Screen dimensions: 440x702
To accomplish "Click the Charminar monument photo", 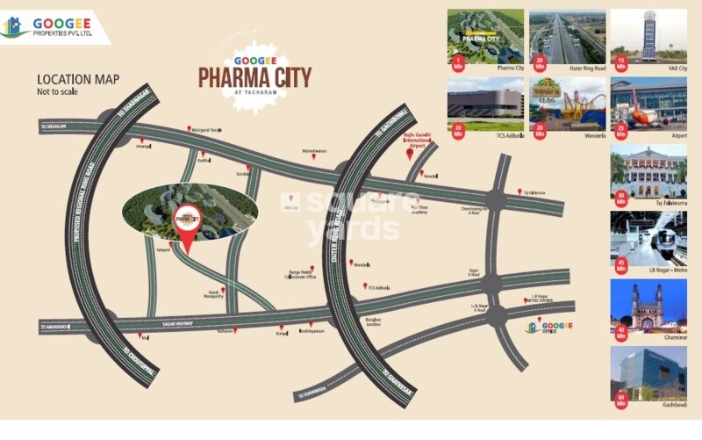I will point(648,306).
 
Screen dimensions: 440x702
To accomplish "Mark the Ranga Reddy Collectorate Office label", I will point(300,275).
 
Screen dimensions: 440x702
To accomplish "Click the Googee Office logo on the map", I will point(548,326).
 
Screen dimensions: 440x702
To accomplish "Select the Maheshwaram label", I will point(314,150).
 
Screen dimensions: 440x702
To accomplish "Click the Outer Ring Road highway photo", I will point(566,37).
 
